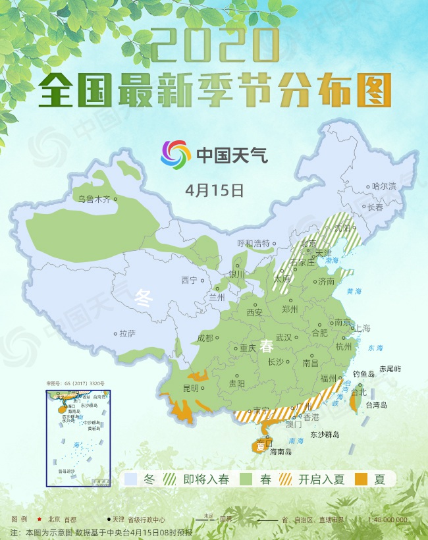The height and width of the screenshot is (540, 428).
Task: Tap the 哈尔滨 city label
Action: [385, 186]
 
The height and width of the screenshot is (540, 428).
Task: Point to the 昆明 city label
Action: [190, 388]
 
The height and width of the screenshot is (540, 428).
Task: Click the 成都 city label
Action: [205, 338]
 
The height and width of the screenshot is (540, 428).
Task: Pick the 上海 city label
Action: [362, 328]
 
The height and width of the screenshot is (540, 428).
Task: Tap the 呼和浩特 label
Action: [253, 243]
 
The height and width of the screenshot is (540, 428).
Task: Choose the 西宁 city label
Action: [189, 281]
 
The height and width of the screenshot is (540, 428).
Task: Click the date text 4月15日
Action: [215, 190]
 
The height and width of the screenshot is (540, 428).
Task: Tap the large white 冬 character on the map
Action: [144, 298]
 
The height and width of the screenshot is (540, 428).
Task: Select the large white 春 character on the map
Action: [266, 347]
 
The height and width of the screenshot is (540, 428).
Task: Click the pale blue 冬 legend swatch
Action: [131, 479]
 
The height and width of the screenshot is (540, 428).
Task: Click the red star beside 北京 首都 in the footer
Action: [41, 519]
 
